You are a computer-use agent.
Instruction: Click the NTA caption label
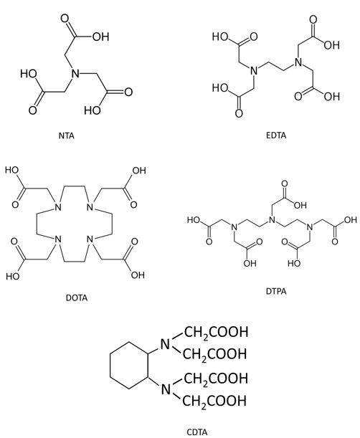click(67, 135)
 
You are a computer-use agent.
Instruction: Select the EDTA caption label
click(276, 135)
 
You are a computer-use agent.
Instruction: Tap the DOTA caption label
click(77, 297)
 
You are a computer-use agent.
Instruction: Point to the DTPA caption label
click(276, 291)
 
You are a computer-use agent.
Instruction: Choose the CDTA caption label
click(196, 432)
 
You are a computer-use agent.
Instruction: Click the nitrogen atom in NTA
click(75, 74)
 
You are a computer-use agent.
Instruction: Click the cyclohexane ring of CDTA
click(128, 366)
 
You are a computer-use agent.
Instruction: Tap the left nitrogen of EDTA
click(254, 70)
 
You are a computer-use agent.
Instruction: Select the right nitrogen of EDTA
click(298, 62)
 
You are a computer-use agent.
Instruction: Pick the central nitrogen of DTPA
click(271, 220)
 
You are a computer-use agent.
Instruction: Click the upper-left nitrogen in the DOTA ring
click(57, 208)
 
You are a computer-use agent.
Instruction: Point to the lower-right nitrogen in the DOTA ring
click(90, 239)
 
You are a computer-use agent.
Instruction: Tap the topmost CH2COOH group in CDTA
click(215, 332)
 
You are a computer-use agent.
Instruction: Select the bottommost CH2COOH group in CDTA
click(215, 401)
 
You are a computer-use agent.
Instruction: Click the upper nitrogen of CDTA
click(165, 344)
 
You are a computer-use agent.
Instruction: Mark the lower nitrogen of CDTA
click(166, 389)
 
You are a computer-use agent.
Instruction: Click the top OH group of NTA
click(100, 37)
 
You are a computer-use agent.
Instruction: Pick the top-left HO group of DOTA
click(11, 170)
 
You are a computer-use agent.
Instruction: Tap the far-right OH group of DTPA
click(351, 220)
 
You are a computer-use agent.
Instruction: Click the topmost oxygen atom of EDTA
click(313, 19)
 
